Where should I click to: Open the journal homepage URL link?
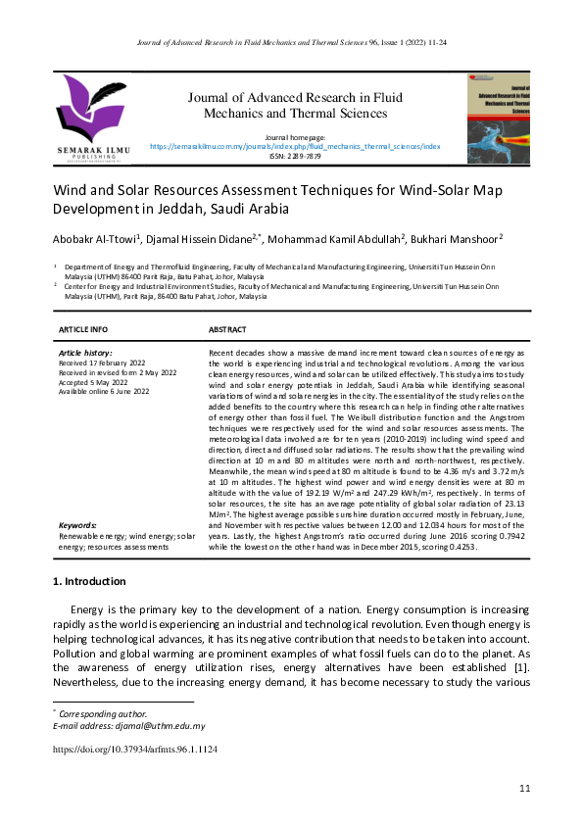point(295,145)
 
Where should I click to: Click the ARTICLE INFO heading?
point(83,329)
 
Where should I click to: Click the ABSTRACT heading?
point(228,329)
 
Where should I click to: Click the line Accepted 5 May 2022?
point(95,382)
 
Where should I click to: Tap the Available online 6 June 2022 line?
point(104,392)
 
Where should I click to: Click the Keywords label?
point(78,525)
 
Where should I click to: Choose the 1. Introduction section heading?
point(88,582)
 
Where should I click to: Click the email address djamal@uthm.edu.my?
point(156,726)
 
